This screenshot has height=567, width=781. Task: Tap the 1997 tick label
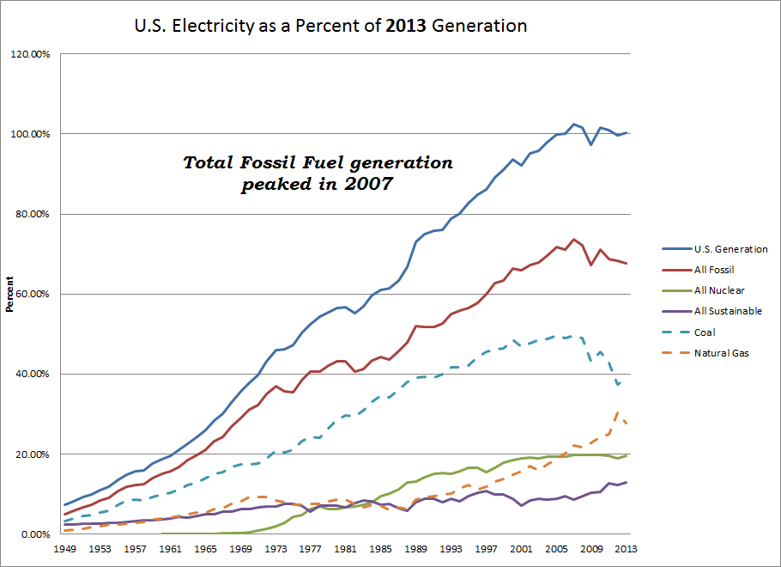[x=487, y=549]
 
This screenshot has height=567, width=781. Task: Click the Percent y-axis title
[x=10, y=294]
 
